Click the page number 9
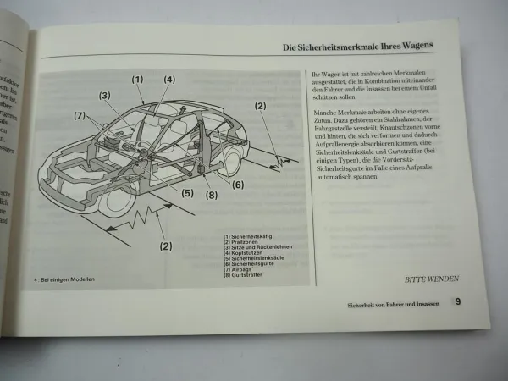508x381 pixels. click(x=456, y=301)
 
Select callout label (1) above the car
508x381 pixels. click(x=137, y=80)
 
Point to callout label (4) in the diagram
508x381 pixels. click(x=169, y=80)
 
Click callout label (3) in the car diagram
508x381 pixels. click(x=106, y=96)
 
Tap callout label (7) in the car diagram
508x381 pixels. click(x=80, y=115)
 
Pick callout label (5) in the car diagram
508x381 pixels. click(x=187, y=192)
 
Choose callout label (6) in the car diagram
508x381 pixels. click(x=238, y=185)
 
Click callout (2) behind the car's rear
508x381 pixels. click(x=260, y=106)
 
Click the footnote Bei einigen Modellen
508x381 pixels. click(x=67, y=280)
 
